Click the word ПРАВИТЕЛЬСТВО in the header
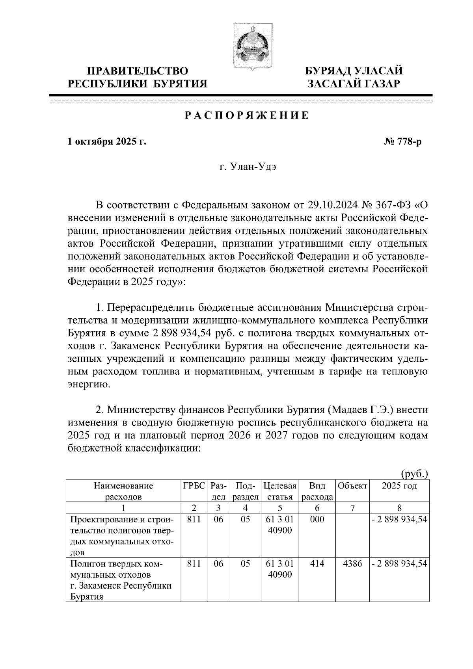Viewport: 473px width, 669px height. (x=138, y=71)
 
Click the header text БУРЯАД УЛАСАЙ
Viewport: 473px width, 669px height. (x=355, y=71)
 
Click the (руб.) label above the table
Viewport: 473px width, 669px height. (x=414, y=473)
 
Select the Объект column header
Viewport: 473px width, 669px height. (x=352, y=486)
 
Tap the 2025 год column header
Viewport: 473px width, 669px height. (x=399, y=486)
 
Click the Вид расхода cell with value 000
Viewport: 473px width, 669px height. (x=317, y=519)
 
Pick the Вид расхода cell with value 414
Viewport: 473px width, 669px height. (x=317, y=564)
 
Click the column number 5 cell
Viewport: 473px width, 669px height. (x=280, y=507)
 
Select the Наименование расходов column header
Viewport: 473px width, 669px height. (x=123, y=491)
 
